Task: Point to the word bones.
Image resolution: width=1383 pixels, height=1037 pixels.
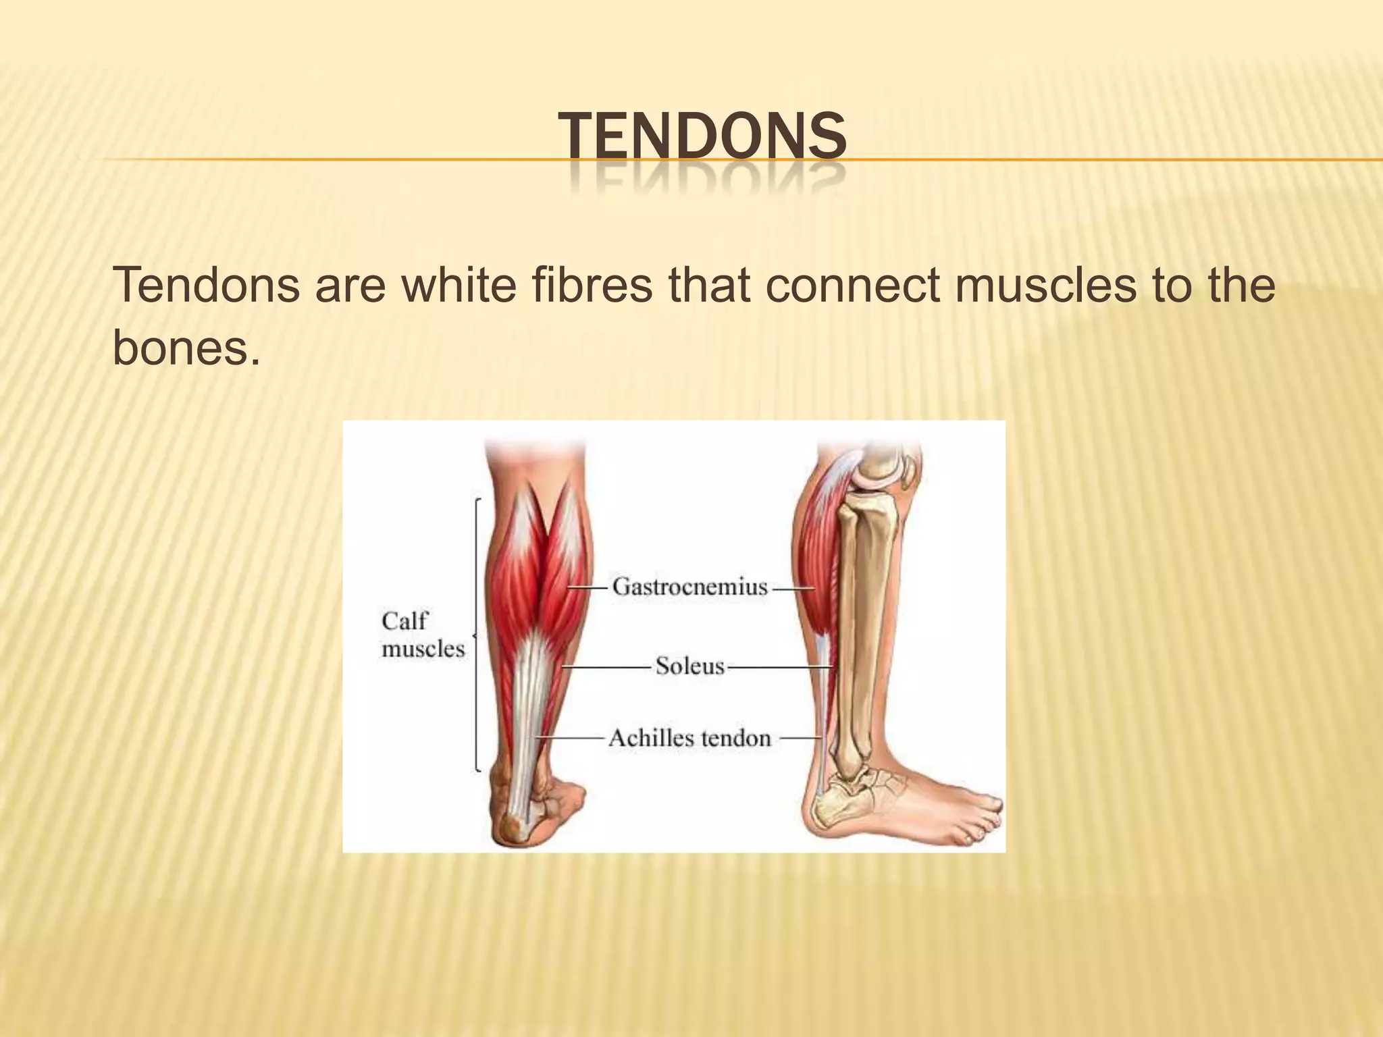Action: tap(186, 348)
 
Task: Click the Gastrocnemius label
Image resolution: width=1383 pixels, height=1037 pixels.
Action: tap(689, 586)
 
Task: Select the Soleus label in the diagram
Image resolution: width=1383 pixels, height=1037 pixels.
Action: tap(689, 666)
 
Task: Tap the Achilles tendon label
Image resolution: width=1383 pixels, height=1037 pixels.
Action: tap(689, 738)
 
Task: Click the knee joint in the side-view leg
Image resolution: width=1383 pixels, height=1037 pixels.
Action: tap(878, 473)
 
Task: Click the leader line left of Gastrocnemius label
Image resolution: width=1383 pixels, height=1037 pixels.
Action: tap(588, 587)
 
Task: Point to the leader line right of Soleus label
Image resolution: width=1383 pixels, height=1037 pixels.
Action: tap(777, 667)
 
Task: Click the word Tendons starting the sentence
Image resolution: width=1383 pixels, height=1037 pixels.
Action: tap(206, 285)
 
